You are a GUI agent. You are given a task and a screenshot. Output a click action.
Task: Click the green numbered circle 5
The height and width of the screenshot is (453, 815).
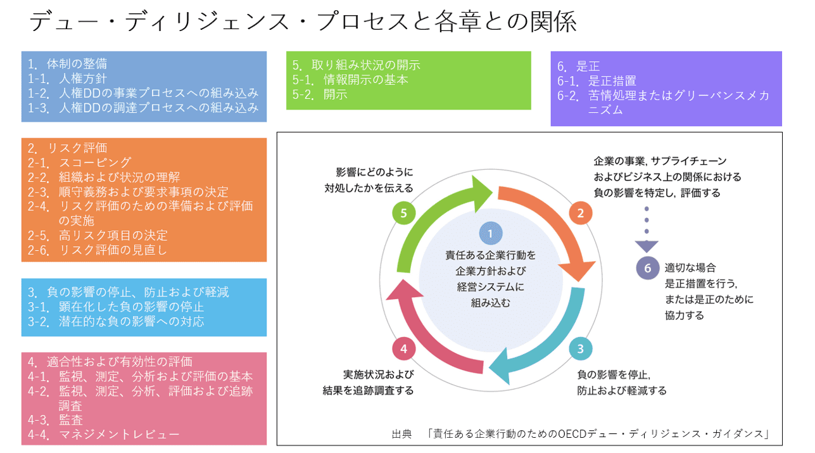tap(403, 212)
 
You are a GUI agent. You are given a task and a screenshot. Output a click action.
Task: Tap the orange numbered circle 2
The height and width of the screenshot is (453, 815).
tap(580, 213)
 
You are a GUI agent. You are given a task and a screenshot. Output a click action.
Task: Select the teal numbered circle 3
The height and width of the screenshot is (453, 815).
tap(580, 348)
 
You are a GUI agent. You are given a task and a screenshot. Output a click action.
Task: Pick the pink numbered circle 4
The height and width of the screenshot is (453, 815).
tap(403, 348)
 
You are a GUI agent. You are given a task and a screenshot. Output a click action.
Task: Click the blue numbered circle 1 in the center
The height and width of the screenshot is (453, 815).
tap(490, 233)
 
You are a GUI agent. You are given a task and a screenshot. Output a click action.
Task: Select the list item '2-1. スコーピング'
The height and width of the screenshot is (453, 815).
tap(79, 163)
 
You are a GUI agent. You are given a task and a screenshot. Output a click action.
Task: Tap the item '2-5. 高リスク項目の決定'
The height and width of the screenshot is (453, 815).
tap(98, 236)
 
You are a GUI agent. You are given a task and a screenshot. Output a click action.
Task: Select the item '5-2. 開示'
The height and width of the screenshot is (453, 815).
tap(320, 94)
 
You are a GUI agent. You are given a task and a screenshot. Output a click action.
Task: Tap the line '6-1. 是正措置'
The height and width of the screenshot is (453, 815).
tap(597, 81)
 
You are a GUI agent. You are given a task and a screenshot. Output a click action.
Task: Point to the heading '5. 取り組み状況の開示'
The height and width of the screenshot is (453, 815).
tap(357, 65)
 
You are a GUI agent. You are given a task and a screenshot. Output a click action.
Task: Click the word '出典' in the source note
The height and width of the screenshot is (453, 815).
tap(401, 434)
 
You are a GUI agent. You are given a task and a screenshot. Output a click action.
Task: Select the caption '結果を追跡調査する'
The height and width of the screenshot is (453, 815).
tap(368, 390)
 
